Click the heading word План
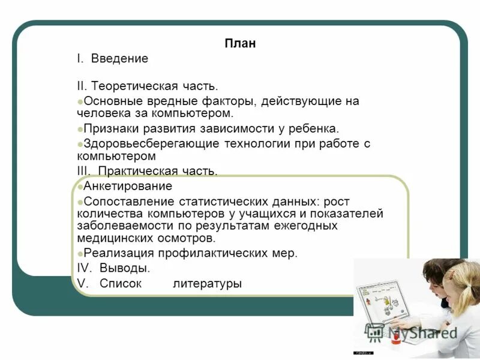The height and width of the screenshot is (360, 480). [x=240, y=43]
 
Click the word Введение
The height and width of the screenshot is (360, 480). [x=119, y=59]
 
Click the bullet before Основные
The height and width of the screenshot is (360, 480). [x=80, y=101]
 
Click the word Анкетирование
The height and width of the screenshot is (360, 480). [x=128, y=187]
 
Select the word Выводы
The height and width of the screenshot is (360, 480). [x=124, y=268]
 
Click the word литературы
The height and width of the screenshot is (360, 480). [x=208, y=283]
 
